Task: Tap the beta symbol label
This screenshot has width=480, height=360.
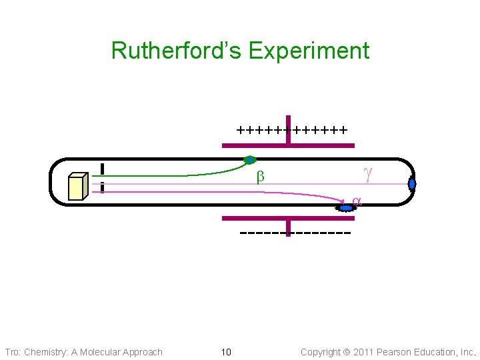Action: click(261, 177)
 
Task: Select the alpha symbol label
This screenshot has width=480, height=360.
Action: click(357, 200)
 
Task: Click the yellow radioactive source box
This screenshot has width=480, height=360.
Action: click(78, 187)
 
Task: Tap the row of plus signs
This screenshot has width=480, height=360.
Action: click(291, 129)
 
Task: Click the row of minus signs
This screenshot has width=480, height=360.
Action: click(295, 233)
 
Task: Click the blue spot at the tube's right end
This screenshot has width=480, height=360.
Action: click(412, 183)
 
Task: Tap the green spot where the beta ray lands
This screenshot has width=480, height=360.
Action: click(250, 160)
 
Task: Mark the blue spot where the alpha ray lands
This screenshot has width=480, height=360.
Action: click(345, 208)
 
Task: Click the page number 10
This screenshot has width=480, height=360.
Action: click(225, 352)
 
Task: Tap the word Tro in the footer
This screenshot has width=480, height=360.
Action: click(12, 352)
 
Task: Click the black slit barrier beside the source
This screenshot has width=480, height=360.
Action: click(102, 179)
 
